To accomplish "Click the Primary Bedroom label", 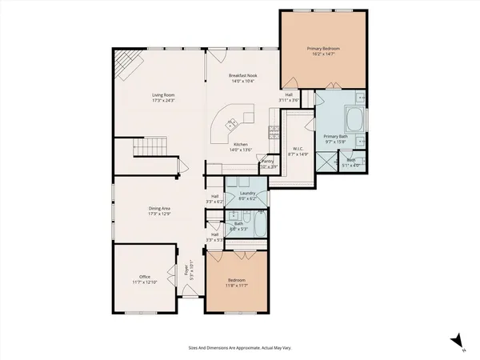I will click(325, 50).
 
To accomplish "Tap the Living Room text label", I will click(164, 95).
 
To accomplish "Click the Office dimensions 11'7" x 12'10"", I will click(145, 282).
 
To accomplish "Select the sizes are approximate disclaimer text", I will click(239, 347).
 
